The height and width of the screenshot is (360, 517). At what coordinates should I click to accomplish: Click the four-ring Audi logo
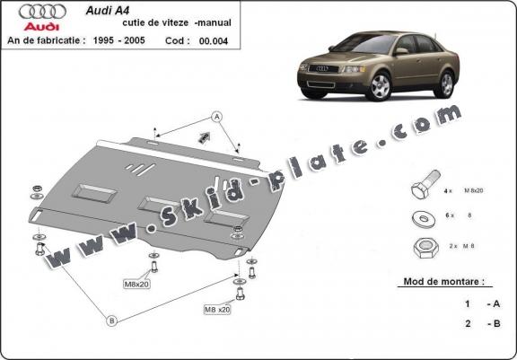(42, 13)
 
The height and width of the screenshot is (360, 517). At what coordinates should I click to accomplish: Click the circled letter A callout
(216, 115)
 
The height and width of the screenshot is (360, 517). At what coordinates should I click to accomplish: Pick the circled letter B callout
(111, 320)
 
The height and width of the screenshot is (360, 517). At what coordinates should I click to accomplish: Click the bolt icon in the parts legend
(422, 190)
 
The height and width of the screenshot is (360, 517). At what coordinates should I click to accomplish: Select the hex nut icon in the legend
(421, 245)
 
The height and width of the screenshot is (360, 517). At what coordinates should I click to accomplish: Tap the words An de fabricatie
(46, 41)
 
